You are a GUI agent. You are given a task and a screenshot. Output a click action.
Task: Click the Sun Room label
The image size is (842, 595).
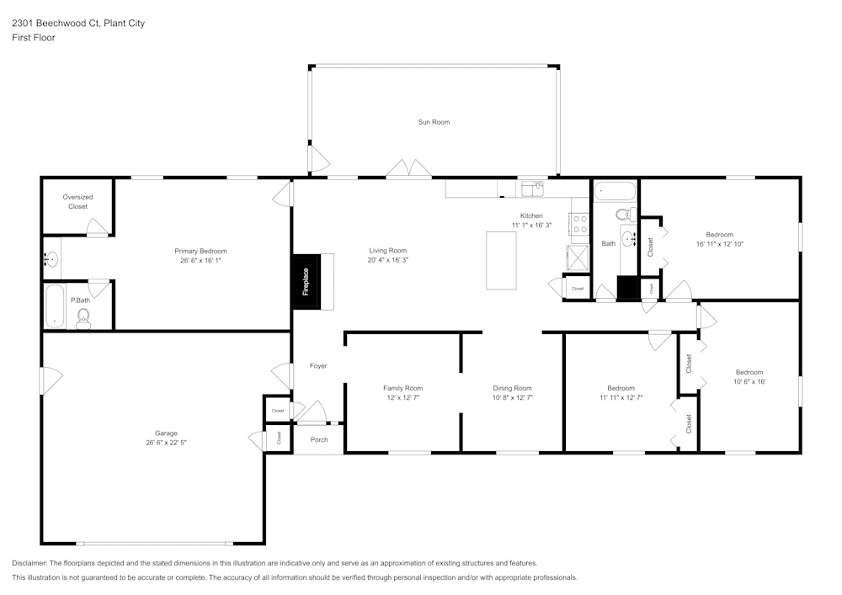click(434, 122)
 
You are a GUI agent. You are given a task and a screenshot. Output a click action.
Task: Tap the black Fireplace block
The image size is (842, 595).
click(305, 281)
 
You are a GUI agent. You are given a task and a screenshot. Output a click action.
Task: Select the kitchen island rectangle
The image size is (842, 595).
click(501, 260)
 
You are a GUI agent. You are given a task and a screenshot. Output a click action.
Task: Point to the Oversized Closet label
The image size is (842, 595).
click(77, 201)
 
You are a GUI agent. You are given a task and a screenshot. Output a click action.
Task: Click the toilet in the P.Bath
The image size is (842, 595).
click(83, 317)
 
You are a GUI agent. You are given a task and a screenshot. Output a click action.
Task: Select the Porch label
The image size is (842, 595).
click(319, 440)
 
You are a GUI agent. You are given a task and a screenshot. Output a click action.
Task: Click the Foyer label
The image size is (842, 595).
click(318, 366)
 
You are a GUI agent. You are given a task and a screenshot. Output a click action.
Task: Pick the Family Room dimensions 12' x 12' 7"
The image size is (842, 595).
click(402, 397)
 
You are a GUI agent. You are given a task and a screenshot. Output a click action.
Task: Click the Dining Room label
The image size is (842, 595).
click(512, 388)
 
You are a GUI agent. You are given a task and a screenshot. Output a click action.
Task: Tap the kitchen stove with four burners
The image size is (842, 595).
click(580, 224)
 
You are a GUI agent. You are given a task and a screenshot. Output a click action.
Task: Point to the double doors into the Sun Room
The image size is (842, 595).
click(409, 169)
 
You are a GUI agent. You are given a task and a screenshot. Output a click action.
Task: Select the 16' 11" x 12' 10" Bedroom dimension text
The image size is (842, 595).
click(719, 244)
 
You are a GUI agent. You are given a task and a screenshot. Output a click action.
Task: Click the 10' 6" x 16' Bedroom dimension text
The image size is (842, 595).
click(749, 381)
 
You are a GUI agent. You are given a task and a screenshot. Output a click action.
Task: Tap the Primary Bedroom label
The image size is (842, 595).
click(200, 251)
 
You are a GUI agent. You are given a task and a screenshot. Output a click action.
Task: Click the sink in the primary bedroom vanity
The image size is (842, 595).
click(51, 259)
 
